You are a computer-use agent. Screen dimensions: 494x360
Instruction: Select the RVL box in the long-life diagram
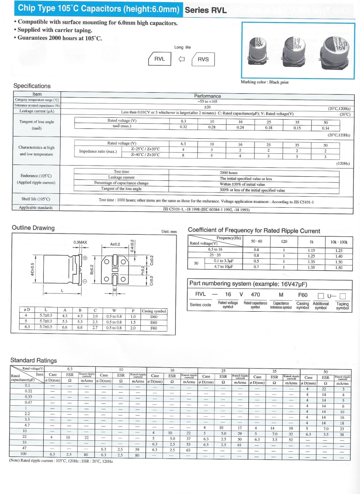click(x=160, y=59)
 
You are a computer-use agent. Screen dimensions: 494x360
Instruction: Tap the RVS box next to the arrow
click(x=203, y=59)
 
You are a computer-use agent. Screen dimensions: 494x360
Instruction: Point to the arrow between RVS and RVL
click(x=181, y=59)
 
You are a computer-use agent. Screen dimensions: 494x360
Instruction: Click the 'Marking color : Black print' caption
click(x=265, y=82)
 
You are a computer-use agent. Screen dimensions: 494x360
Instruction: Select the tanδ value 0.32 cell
click(x=183, y=127)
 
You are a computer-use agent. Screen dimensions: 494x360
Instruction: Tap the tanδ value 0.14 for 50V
click(x=325, y=128)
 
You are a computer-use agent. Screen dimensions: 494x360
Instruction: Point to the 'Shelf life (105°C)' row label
click(x=36, y=199)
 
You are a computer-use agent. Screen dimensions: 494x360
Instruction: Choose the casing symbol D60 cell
click(x=154, y=317)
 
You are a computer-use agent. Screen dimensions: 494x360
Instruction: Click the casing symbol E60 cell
click(x=154, y=322)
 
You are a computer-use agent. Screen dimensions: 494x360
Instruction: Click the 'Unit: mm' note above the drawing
click(x=169, y=231)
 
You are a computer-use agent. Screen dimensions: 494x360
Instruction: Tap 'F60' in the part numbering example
click(x=303, y=294)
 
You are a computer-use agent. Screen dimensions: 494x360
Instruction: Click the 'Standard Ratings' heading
click(x=34, y=360)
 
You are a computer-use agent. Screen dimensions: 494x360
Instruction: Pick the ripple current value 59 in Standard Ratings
click(x=137, y=449)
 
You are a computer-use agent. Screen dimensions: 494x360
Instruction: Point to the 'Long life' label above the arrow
click(x=182, y=47)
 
